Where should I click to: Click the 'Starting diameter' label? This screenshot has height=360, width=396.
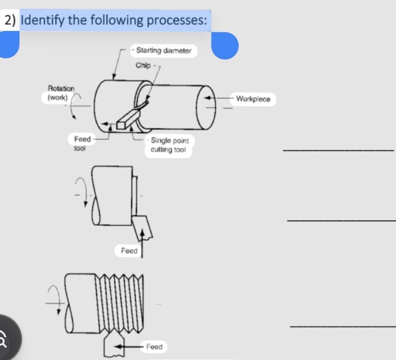(164, 50)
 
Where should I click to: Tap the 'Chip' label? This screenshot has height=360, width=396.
(143, 65)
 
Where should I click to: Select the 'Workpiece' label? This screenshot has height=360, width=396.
(253, 99)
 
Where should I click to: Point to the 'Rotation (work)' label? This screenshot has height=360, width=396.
(61, 93)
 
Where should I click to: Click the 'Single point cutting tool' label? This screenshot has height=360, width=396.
(169, 145)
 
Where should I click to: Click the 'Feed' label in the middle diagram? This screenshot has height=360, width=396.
(129, 251)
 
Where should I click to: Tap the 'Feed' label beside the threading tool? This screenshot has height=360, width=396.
(154, 346)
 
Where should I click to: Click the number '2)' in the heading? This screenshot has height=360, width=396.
(11, 20)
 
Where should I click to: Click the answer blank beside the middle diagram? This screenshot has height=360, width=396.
(341, 220)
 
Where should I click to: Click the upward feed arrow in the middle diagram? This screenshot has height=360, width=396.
(142, 241)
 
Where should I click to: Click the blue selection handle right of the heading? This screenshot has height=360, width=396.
(225, 46)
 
